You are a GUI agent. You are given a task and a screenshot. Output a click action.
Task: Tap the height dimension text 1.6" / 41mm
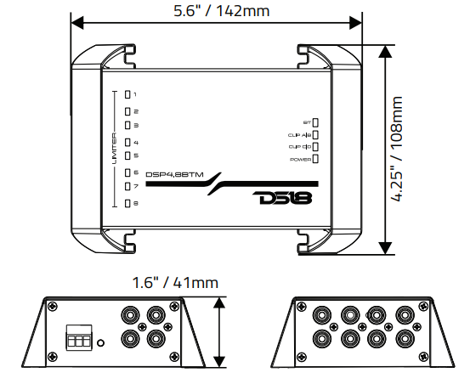click(175, 282)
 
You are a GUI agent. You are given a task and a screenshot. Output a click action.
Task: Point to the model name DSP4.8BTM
click(175, 174)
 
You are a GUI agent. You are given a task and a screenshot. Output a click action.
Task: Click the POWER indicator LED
click(316, 159)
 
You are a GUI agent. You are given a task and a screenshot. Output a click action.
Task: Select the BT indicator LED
click(316, 122)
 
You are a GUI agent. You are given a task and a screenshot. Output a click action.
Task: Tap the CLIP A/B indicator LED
click(316, 134)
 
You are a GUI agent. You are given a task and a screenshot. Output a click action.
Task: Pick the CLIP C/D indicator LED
click(316, 146)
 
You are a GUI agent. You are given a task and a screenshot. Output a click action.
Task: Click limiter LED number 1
click(128, 95)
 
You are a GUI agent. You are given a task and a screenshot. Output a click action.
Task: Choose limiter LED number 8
click(128, 203)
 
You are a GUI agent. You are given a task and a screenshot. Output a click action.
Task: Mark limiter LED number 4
click(128, 143)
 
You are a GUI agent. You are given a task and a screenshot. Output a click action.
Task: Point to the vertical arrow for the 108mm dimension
click(387, 149)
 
